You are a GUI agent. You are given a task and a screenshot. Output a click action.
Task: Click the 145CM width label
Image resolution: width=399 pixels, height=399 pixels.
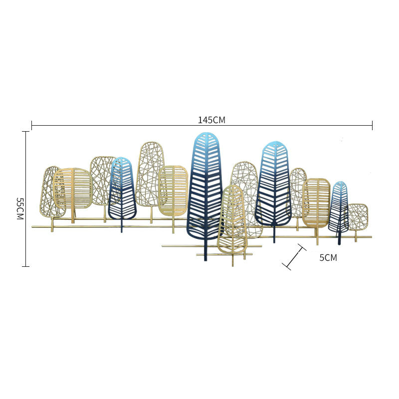[211, 120]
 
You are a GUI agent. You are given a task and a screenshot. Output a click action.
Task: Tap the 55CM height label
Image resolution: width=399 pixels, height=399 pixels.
[20, 208]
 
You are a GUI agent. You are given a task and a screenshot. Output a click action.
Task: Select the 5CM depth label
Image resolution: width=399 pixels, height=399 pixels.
[328, 257]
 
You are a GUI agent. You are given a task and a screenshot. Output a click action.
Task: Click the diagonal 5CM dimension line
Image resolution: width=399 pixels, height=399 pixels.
[294, 257]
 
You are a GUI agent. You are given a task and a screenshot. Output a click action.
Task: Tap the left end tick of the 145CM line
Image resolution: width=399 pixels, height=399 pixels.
[31, 126]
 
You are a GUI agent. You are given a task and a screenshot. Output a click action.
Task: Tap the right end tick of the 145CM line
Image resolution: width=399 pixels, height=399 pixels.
[372, 126]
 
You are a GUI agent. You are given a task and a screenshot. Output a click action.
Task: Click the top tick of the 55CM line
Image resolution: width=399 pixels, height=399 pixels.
[26, 132]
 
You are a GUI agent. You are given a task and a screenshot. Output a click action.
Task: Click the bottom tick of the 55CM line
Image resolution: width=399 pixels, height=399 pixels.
[26, 266]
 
